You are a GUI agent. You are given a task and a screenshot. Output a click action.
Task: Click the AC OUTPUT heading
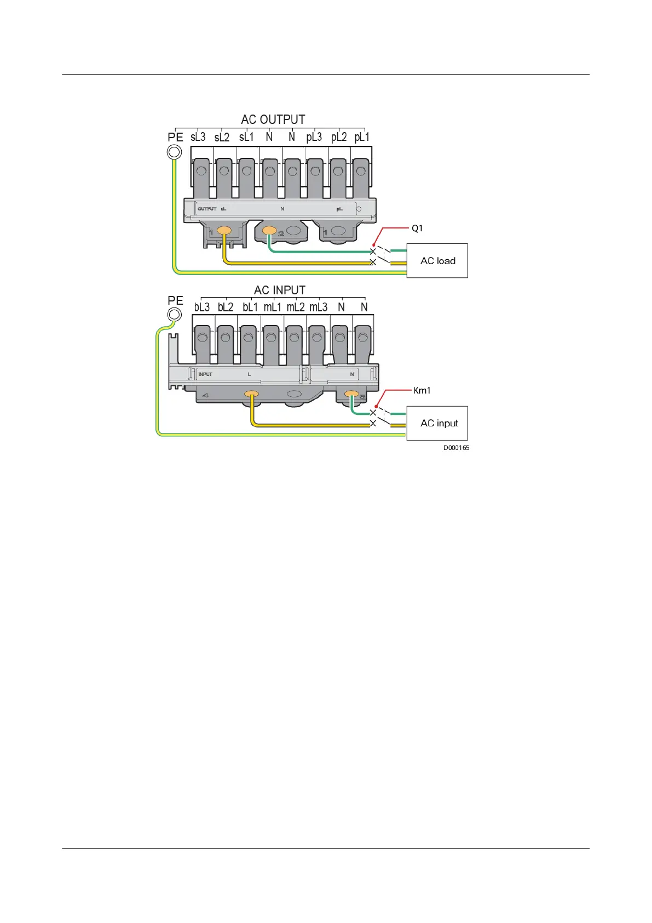click(x=273, y=119)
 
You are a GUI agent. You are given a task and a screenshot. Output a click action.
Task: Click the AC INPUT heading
click(x=280, y=290)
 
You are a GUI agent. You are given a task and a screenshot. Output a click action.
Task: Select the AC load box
click(x=437, y=261)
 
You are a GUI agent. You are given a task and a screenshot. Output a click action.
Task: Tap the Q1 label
click(x=417, y=228)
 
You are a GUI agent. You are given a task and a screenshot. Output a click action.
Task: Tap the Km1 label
click(x=422, y=390)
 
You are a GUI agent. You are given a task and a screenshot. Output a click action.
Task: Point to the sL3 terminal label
click(x=198, y=137)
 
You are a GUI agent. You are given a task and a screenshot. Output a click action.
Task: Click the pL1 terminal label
click(x=362, y=137)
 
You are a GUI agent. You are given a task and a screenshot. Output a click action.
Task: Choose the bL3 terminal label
click(x=202, y=307)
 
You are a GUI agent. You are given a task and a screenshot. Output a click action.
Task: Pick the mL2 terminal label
click(x=296, y=307)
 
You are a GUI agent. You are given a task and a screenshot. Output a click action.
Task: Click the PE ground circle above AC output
click(x=174, y=152)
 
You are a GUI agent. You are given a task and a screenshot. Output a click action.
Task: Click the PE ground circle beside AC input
click(x=174, y=315)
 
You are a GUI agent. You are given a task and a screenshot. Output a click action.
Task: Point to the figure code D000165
click(x=456, y=448)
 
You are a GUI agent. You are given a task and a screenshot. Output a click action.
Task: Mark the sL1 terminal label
click(x=246, y=137)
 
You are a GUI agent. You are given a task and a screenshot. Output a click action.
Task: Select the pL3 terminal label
click(x=314, y=137)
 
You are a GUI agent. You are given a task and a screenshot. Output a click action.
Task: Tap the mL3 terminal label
click(x=319, y=307)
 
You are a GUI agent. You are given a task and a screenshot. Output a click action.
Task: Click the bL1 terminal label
click(x=250, y=307)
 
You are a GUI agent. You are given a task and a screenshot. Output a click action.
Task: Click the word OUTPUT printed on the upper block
click(x=207, y=209)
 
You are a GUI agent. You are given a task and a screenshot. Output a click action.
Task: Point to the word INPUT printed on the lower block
click(x=205, y=374)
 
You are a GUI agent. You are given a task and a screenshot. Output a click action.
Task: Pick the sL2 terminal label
click(x=222, y=137)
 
